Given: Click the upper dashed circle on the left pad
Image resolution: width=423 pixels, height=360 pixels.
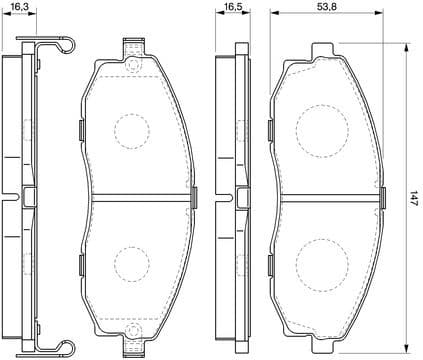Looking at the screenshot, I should pyautogui.click(x=131, y=129).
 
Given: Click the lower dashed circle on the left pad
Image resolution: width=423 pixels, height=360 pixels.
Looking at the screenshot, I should pyautogui.click(x=131, y=263).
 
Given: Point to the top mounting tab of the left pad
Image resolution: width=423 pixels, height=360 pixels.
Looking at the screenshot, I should pyautogui.click(x=131, y=49).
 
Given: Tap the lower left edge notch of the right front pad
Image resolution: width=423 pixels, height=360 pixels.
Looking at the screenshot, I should pyautogui.click(x=270, y=262).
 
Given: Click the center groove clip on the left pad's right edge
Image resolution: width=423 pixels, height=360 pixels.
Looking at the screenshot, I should pyautogui.click(x=193, y=195).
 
